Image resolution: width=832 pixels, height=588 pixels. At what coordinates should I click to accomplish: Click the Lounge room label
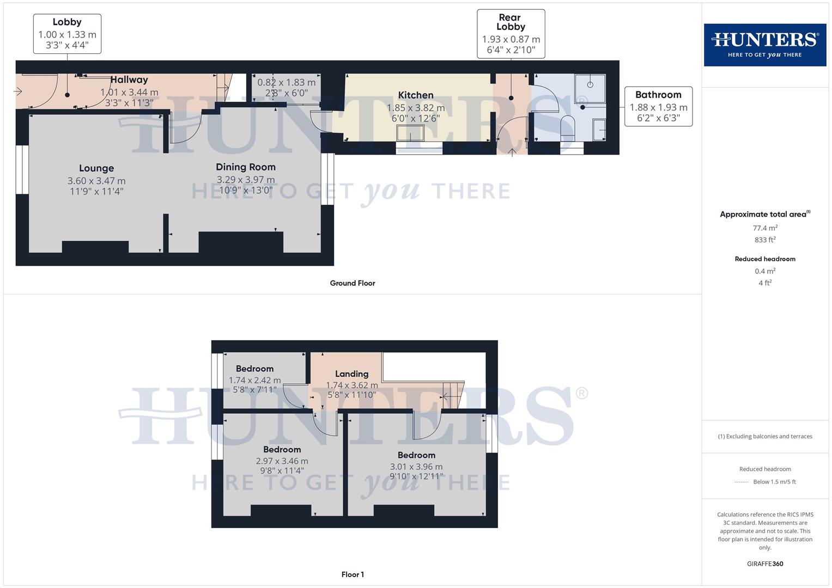coord(96,169)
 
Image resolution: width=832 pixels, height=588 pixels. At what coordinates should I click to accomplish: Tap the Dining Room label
coord(246,167)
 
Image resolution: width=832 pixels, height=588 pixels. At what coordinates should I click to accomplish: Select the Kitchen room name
coord(416,95)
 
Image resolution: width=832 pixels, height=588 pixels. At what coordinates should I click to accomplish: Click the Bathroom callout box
coord(658,106)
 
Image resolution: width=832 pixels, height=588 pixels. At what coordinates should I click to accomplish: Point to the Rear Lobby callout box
coord(511,34)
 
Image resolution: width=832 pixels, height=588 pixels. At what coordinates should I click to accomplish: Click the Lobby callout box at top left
coord(67,34)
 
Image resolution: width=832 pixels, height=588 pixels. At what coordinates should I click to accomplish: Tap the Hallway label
coord(129,80)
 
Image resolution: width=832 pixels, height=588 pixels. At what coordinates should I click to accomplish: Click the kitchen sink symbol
coord(410,133)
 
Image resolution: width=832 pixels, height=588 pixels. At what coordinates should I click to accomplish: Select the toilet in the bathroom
coord(567,126)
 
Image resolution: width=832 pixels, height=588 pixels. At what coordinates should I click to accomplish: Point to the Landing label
coord(351,374)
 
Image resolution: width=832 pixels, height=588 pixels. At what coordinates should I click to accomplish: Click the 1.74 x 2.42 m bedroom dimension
coord(254,381)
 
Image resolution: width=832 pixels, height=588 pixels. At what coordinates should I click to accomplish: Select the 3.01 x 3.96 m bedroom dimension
coord(416,467)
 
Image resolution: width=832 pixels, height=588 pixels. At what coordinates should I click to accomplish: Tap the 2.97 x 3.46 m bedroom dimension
coord(282,461)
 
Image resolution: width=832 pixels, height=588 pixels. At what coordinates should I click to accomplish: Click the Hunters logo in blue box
coord(765,45)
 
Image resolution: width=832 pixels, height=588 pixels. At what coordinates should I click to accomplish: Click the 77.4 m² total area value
coord(765,228)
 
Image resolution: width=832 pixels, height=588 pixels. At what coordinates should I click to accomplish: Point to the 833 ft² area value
coord(765,240)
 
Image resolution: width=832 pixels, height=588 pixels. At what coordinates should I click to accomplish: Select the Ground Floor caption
coord(353,283)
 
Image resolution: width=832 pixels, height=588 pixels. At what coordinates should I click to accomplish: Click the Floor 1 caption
coord(353,574)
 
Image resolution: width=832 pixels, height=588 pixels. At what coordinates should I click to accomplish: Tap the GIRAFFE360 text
coord(765,564)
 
